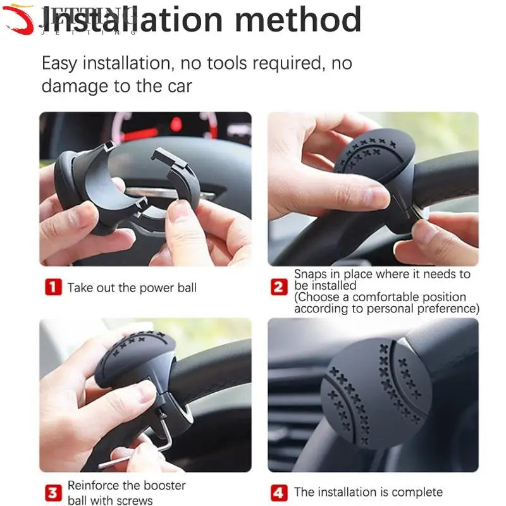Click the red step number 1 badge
tap(53, 288)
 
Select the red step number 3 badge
tap(53, 493)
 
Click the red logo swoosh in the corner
tap(19, 19)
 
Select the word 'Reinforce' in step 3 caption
tap(95, 486)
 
